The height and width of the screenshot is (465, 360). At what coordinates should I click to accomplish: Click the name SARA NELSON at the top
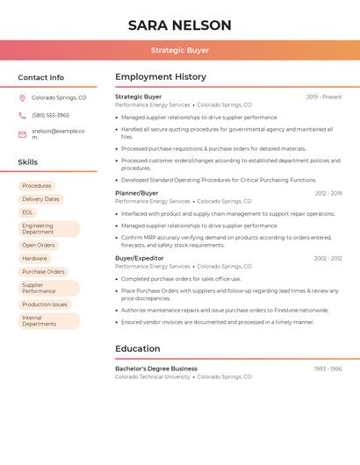click(179, 25)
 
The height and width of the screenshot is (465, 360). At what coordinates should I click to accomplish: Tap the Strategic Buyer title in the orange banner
click(179, 51)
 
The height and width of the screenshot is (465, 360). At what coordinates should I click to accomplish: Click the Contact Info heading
click(41, 77)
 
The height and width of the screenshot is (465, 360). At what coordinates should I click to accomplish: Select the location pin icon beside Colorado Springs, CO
click(22, 98)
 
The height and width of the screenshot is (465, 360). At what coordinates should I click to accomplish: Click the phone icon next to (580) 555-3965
click(22, 115)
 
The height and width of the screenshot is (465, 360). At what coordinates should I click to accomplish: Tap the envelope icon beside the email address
click(22, 134)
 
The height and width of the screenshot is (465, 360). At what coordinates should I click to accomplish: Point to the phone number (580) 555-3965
click(50, 115)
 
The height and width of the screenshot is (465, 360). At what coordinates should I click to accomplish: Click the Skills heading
click(28, 162)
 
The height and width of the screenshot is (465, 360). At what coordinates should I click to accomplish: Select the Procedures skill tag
click(37, 186)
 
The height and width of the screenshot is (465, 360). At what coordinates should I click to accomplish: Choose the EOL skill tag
click(28, 212)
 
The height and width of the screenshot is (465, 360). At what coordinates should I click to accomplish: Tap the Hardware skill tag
click(35, 259)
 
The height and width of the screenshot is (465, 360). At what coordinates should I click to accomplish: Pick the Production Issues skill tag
click(45, 304)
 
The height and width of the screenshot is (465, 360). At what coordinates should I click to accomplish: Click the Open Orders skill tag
click(39, 246)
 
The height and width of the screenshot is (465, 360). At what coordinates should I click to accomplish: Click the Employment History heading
click(161, 77)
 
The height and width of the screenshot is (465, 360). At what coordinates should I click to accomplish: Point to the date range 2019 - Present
click(324, 97)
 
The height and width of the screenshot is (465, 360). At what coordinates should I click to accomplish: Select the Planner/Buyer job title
click(137, 193)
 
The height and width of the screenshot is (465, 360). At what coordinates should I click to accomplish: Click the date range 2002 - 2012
click(328, 258)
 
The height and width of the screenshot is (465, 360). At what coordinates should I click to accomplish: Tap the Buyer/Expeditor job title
click(140, 258)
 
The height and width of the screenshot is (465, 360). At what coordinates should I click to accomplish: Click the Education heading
click(138, 349)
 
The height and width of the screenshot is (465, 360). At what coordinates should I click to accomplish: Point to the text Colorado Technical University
click(153, 376)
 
